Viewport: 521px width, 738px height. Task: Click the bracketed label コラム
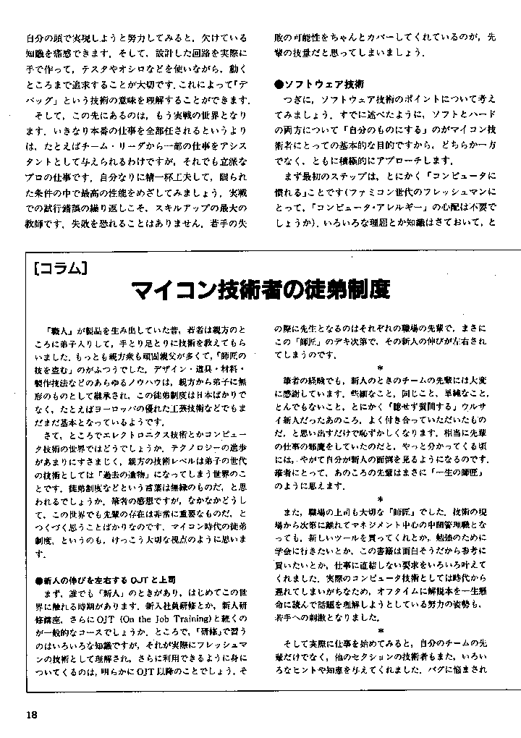[x=61, y=269]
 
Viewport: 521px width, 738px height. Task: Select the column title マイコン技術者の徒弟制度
[x=260, y=291]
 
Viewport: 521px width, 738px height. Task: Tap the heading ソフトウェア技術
[x=323, y=83]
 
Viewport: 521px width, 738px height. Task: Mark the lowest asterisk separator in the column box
[x=379, y=630]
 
